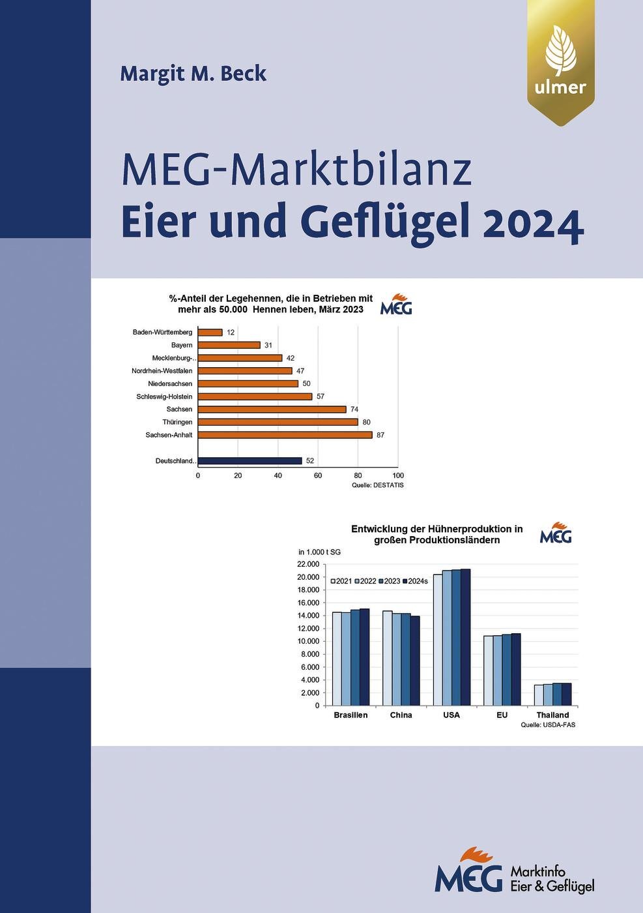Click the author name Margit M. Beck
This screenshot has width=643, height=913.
pos(193,73)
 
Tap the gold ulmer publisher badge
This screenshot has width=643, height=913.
pos(560,63)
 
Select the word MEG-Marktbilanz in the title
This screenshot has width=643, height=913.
pos(296,170)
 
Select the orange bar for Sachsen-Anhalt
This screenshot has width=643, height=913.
pos(285,435)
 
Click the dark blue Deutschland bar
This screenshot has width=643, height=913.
pos(250,460)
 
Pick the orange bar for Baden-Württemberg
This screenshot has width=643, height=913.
pos(210,333)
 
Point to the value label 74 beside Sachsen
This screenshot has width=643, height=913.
pos(354,410)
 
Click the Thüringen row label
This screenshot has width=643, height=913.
pos(177,422)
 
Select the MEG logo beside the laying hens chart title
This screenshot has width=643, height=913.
pos(396,305)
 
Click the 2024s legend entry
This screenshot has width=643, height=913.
pos(415,581)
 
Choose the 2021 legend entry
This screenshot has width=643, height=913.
pos(341,581)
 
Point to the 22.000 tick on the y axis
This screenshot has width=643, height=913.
pos(309,564)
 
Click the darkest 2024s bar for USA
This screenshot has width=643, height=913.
pos(465,637)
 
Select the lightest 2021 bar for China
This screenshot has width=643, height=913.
pos(387,658)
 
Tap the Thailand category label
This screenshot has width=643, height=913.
pos(552,715)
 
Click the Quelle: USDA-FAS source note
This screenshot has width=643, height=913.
pos(548,725)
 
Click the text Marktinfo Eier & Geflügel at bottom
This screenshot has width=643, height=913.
pos(552,878)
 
